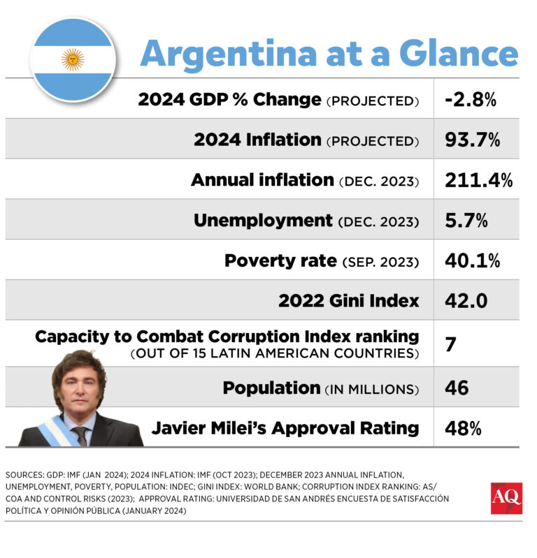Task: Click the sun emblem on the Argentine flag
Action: coord(73,59)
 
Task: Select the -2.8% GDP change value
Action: coord(470,99)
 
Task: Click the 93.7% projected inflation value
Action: coord(472,140)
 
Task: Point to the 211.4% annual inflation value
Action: coord(478,180)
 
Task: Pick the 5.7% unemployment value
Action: coord(467,221)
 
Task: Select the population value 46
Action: coord(457,388)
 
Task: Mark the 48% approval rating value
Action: coord(463,427)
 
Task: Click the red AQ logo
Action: coord(506,497)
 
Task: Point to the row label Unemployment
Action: coord(263,221)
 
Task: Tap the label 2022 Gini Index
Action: coord(349,301)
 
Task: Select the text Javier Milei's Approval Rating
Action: coord(285,427)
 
